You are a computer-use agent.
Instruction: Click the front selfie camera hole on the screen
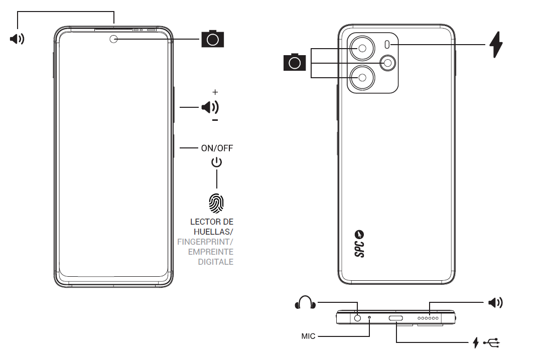(114, 39)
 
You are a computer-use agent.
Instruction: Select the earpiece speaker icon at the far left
(17, 39)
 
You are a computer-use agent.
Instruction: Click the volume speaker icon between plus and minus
(210, 107)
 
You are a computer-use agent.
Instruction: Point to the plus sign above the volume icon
(215, 92)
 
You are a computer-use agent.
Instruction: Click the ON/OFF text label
(217, 148)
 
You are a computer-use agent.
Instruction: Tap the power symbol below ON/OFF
(216, 162)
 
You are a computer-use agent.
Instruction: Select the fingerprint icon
(216, 203)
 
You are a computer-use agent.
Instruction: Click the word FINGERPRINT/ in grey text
(205, 242)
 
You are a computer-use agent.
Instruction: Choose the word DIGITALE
(215, 262)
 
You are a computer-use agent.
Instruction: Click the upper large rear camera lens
(362, 49)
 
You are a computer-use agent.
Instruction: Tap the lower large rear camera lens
(362, 77)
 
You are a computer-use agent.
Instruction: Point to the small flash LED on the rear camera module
(387, 44)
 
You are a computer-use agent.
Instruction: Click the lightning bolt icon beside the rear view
(496, 45)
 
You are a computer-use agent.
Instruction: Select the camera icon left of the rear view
(295, 62)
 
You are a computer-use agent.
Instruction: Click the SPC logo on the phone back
(359, 244)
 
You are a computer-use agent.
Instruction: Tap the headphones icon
(305, 302)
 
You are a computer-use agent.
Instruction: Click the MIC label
(309, 336)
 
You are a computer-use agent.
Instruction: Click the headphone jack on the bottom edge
(358, 317)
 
